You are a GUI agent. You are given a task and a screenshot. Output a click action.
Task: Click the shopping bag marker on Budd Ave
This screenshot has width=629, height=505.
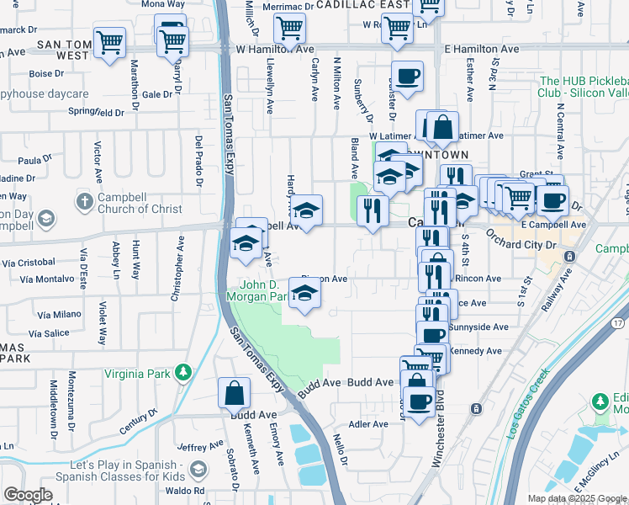pyautogui.click(x=234, y=393)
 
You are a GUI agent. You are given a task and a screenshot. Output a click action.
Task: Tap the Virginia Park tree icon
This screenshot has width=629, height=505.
pyautogui.click(x=181, y=373)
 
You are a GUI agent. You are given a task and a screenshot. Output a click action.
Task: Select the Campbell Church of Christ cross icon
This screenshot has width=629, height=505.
pyautogui.click(x=84, y=201)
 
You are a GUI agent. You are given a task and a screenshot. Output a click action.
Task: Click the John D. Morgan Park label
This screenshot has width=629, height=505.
pyautogui.click(x=259, y=290)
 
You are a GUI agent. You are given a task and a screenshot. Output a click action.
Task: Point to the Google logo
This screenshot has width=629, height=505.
pyautogui.click(x=28, y=495)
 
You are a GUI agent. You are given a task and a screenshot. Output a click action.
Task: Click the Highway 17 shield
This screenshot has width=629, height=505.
pyautogui.click(x=618, y=323)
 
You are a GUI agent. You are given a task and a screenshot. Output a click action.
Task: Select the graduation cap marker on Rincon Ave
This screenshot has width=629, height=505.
pyautogui.click(x=304, y=293)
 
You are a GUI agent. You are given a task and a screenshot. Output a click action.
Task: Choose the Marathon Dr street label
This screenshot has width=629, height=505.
pyautogui.click(x=133, y=98)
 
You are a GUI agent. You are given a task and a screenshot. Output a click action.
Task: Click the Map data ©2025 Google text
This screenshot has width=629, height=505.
pyautogui.click(x=576, y=498)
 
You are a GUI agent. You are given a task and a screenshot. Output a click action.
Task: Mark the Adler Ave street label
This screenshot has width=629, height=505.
pyautogui.click(x=366, y=423)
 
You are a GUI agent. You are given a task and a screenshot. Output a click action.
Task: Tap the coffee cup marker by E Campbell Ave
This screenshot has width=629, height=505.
pyautogui.click(x=552, y=201)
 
